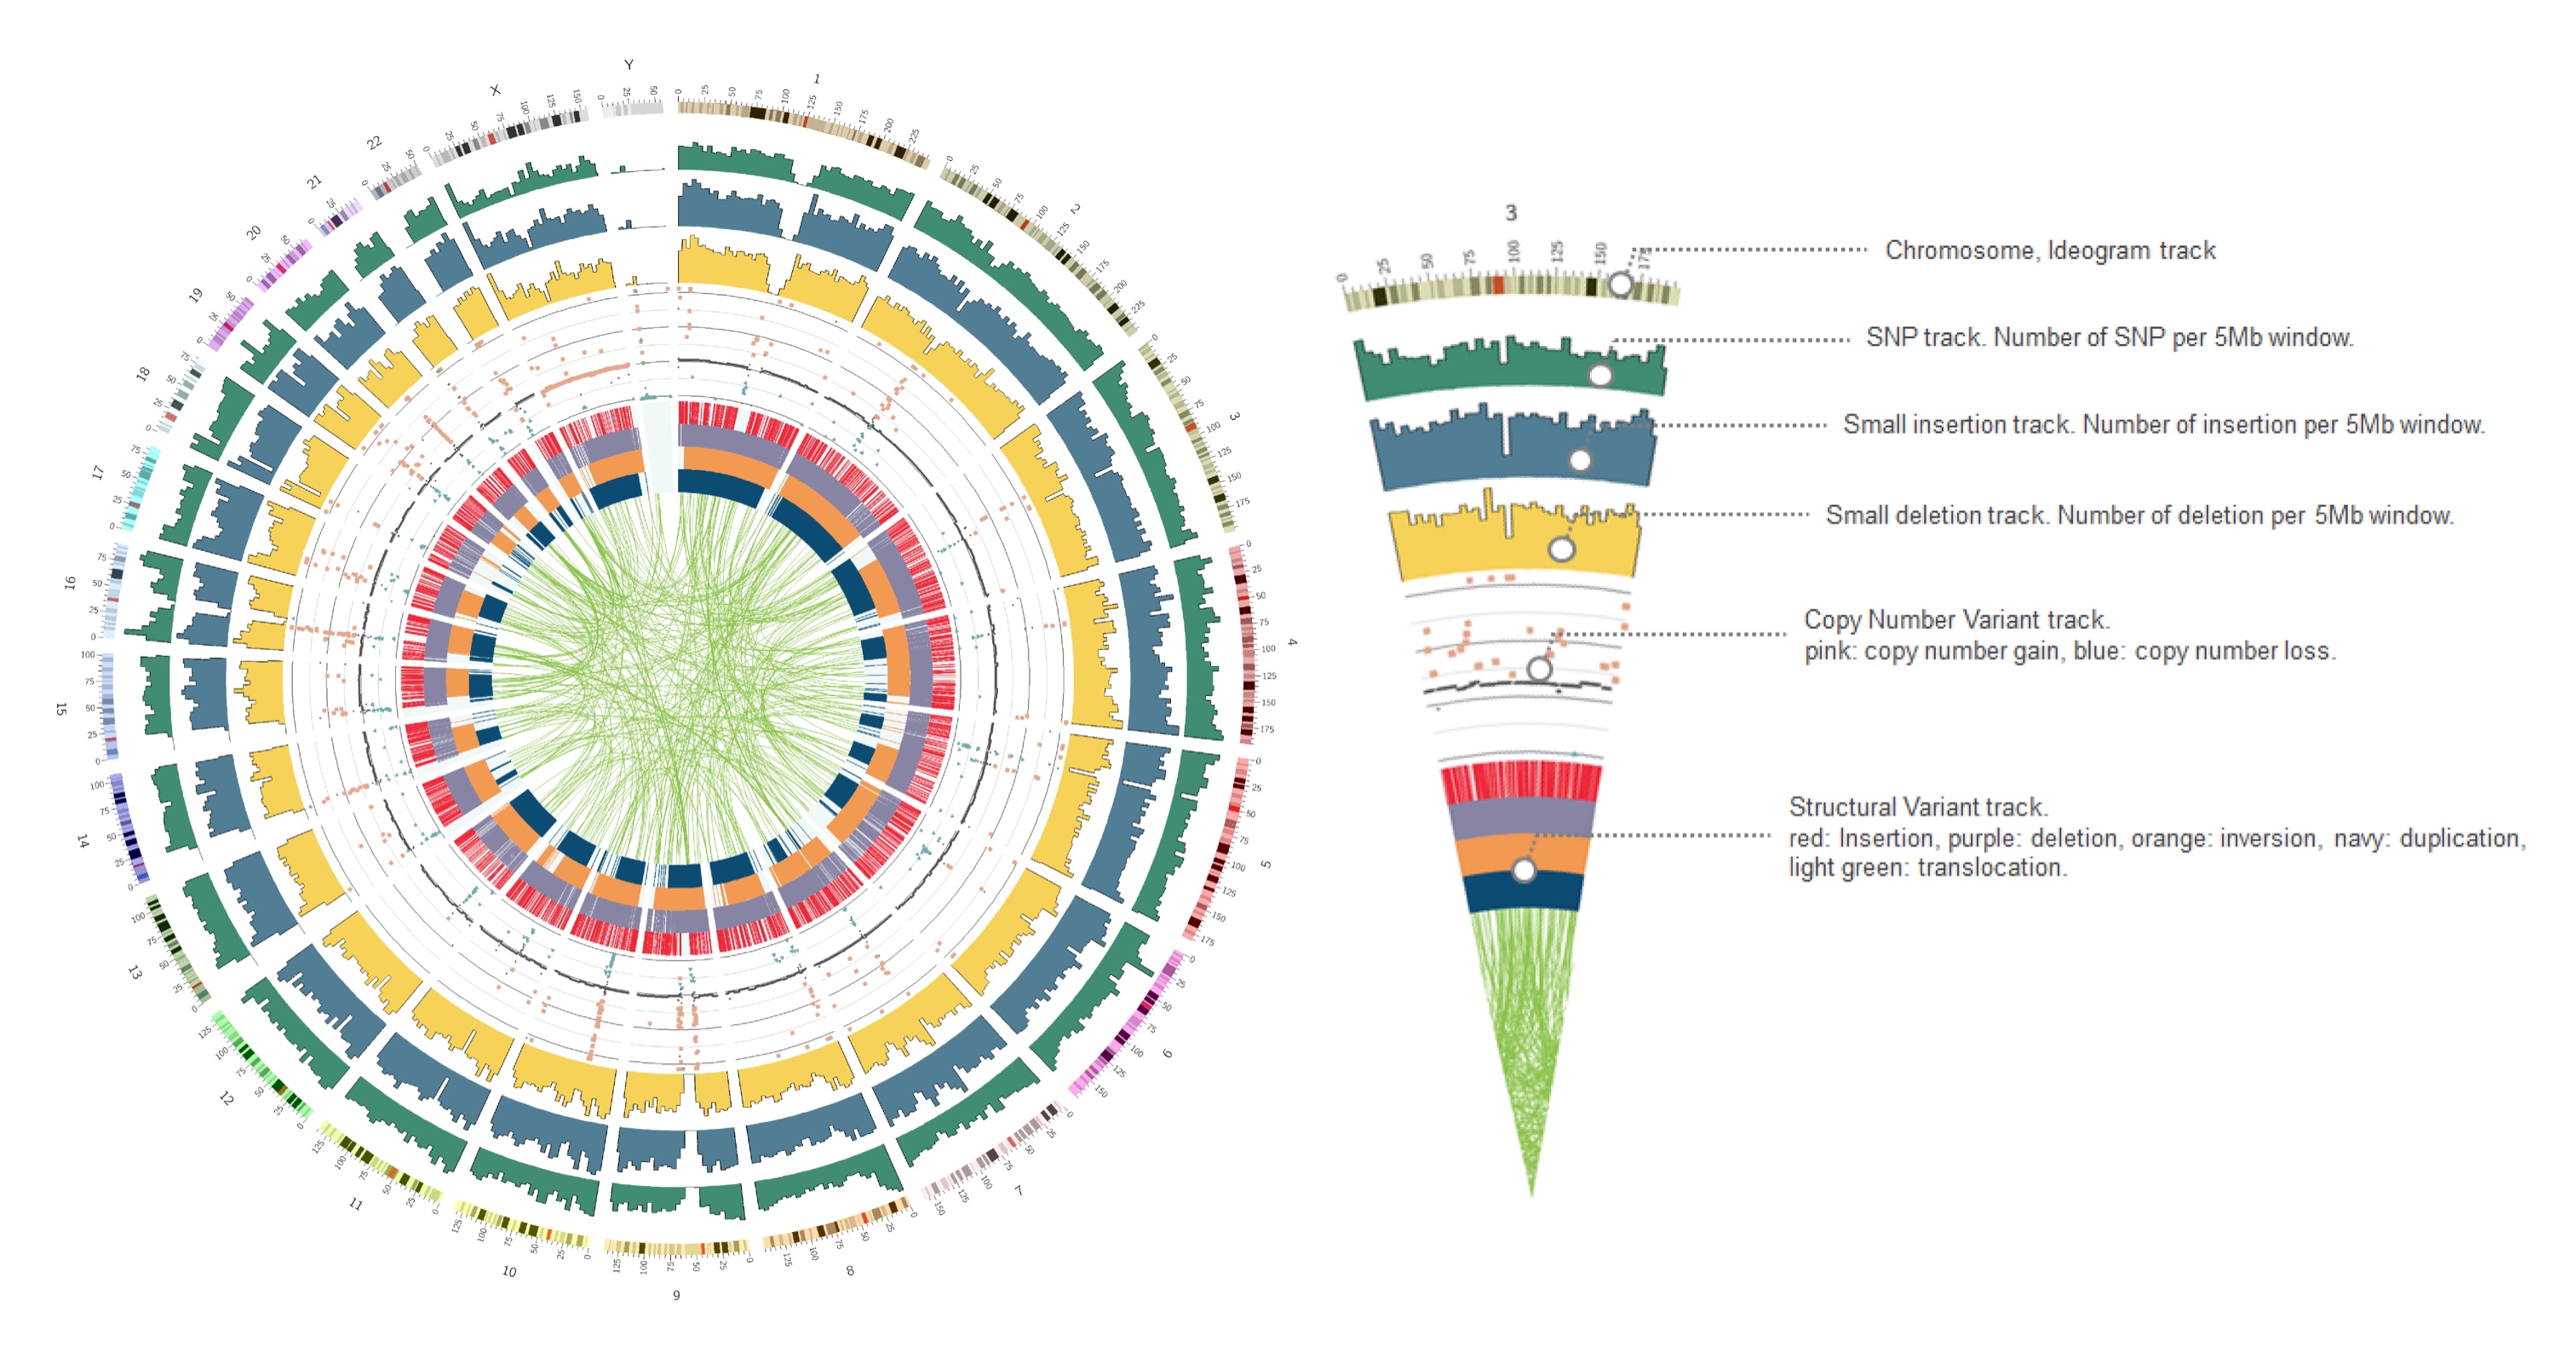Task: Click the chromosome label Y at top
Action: pyautogui.click(x=628, y=65)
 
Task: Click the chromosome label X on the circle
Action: pyautogui.click(x=495, y=90)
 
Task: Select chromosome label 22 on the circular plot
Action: pyautogui.click(x=374, y=143)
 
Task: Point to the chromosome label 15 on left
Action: pyautogui.click(x=60, y=708)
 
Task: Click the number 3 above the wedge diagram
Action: pyautogui.click(x=1511, y=212)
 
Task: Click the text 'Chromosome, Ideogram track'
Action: pyautogui.click(x=2050, y=250)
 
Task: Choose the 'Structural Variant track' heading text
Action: pyautogui.click(x=1918, y=807)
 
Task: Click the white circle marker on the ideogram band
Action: pyautogui.click(x=1620, y=285)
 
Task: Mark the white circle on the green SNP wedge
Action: pyautogui.click(x=1599, y=375)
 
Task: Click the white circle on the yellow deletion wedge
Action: pyautogui.click(x=1561, y=549)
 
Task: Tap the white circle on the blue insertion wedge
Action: pyautogui.click(x=1580, y=460)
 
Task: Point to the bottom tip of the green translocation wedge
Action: pyautogui.click(x=1531, y=1194)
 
